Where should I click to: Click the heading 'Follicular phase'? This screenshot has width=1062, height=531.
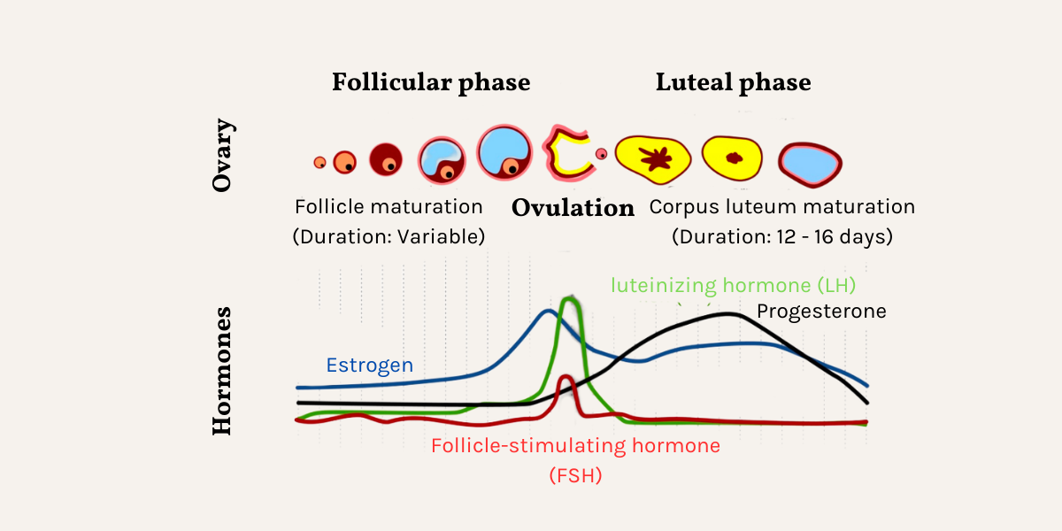click(431, 83)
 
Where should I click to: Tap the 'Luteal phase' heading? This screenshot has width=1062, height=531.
click(733, 83)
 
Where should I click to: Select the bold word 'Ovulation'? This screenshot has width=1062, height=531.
click(573, 209)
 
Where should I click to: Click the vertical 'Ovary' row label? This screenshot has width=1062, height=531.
click(223, 156)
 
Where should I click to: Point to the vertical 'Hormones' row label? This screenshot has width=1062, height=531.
click(223, 371)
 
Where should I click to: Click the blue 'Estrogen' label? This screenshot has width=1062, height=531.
click(369, 365)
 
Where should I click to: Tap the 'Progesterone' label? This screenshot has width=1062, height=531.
click(821, 312)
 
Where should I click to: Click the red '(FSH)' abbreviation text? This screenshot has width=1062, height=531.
click(575, 475)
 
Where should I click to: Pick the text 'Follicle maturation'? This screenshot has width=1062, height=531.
click(389, 207)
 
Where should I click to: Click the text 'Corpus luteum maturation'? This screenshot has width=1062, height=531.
click(782, 207)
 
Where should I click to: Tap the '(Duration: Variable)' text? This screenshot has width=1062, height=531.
click(389, 237)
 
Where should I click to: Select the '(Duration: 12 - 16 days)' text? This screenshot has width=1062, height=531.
click(782, 237)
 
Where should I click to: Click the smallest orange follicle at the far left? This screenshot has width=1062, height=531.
click(319, 162)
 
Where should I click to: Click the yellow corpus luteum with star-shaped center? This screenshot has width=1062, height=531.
click(656, 159)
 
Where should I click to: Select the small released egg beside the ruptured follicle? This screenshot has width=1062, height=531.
click(602, 154)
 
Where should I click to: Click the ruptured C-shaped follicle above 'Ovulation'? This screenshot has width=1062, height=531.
click(563, 152)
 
